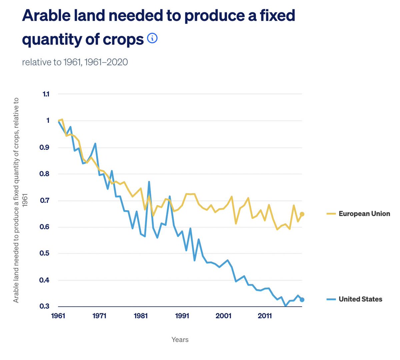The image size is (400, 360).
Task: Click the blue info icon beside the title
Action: click(x=152, y=38)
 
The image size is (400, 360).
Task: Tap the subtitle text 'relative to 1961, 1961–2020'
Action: click(x=75, y=62)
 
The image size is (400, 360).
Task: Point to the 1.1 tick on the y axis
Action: click(x=46, y=94)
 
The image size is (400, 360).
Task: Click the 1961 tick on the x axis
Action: click(x=58, y=316)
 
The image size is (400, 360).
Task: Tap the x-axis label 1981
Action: click(x=141, y=316)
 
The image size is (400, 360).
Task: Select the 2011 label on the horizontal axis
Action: click(x=265, y=316)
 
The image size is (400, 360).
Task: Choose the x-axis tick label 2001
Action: click(x=223, y=316)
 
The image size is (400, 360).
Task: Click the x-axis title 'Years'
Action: click(x=180, y=340)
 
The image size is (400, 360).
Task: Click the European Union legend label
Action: click(x=364, y=214)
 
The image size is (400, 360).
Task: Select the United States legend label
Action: click(x=360, y=299)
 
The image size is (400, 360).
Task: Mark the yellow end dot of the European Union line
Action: click(x=302, y=214)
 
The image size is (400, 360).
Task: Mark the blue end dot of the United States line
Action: click(x=302, y=300)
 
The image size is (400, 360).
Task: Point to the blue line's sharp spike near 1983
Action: click(x=149, y=182)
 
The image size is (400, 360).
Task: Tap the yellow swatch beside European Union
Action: click(x=331, y=214)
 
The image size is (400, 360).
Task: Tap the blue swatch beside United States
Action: click(x=331, y=299)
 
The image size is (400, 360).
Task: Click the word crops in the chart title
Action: click(x=123, y=39)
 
